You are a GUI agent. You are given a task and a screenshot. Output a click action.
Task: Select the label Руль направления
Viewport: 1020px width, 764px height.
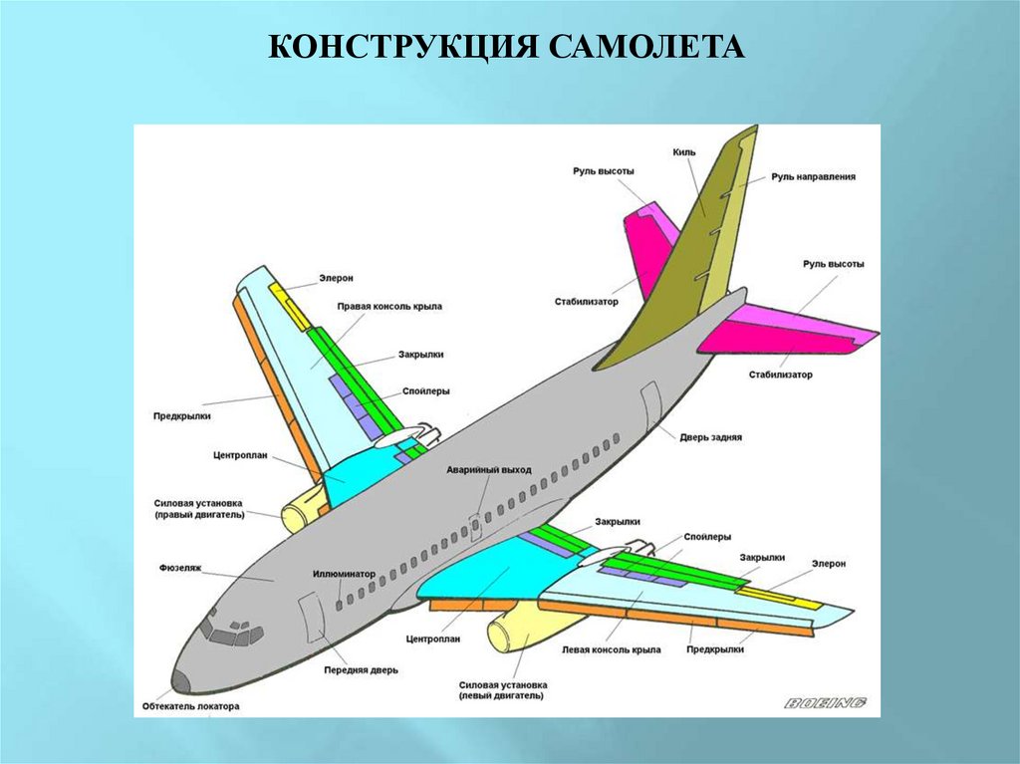coord(813,177)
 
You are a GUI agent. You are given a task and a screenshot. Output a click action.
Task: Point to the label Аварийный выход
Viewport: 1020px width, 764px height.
coord(488,469)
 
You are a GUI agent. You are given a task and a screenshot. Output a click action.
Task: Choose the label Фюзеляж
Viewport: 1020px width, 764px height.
coord(180,567)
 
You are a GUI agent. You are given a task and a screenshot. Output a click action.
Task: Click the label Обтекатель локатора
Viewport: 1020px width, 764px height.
coord(190,706)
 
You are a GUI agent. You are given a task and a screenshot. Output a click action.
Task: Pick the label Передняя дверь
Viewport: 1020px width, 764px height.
coord(360,670)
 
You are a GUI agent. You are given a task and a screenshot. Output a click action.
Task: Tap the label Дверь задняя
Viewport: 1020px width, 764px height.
coord(711,436)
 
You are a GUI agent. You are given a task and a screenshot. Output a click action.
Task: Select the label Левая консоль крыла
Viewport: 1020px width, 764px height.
coord(611,649)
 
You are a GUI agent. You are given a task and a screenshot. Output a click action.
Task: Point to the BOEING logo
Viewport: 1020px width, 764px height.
coord(825,703)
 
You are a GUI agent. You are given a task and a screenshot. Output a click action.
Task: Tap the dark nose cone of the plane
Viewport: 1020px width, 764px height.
coord(181,681)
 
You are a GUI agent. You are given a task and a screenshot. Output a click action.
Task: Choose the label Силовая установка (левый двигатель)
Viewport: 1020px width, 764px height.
coord(504,690)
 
